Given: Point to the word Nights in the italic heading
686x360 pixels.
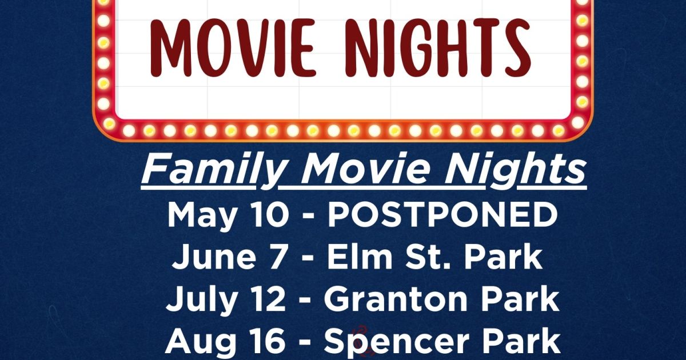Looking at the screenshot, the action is [515, 169].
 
